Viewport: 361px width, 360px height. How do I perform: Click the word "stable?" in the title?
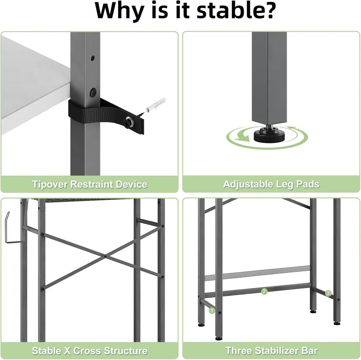coord(236,11)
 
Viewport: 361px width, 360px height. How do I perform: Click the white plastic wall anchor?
coord(155,105)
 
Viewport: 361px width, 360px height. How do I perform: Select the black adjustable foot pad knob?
coord(269,135)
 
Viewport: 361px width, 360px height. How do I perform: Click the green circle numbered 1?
coord(212,311)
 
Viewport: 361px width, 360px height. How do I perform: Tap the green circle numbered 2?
coord(264,292)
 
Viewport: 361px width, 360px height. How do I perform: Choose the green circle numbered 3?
coord(328,293)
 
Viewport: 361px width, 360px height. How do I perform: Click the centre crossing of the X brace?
coord(105,256)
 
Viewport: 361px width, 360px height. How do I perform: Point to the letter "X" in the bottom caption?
coord(67,350)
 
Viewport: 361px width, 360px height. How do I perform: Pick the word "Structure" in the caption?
coord(126,350)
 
